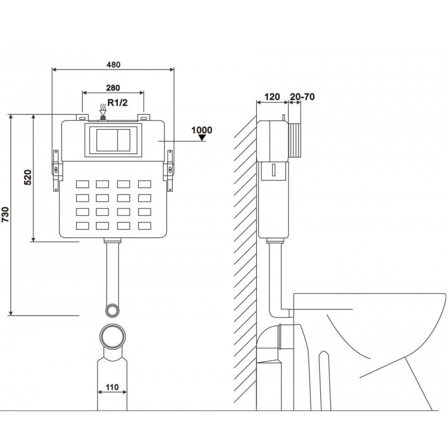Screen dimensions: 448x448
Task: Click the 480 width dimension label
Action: click(x=114, y=64)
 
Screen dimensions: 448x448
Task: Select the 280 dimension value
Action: click(x=113, y=88)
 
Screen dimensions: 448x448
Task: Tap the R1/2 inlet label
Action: click(x=118, y=103)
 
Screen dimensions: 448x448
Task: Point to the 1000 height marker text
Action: click(x=202, y=130)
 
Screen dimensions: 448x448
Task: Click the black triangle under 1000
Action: click(x=202, y=138)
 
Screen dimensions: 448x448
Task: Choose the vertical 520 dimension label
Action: click(x=28, y=177)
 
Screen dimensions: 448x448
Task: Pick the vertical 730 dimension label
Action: click(x=5, y=214)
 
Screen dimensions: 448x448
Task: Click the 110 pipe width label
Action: click(x=112, y=387)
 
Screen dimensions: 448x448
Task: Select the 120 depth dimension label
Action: click(x=272, y=97)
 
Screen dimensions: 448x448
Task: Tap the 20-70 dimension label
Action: click(x=302, y=97)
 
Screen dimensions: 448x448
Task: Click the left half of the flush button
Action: click(x=107, y=140)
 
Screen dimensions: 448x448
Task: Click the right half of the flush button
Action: click(x=124, y=140)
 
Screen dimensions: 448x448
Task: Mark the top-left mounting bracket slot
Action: click(x=82, y=118)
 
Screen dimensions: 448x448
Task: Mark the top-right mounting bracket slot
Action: click(x=144, y=118)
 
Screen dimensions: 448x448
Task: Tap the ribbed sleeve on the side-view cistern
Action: click(x=295, y=140)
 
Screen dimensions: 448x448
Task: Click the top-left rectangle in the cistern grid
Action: click(x=82, y=184)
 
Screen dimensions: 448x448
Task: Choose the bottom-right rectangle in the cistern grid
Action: click(x=145, y=226)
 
